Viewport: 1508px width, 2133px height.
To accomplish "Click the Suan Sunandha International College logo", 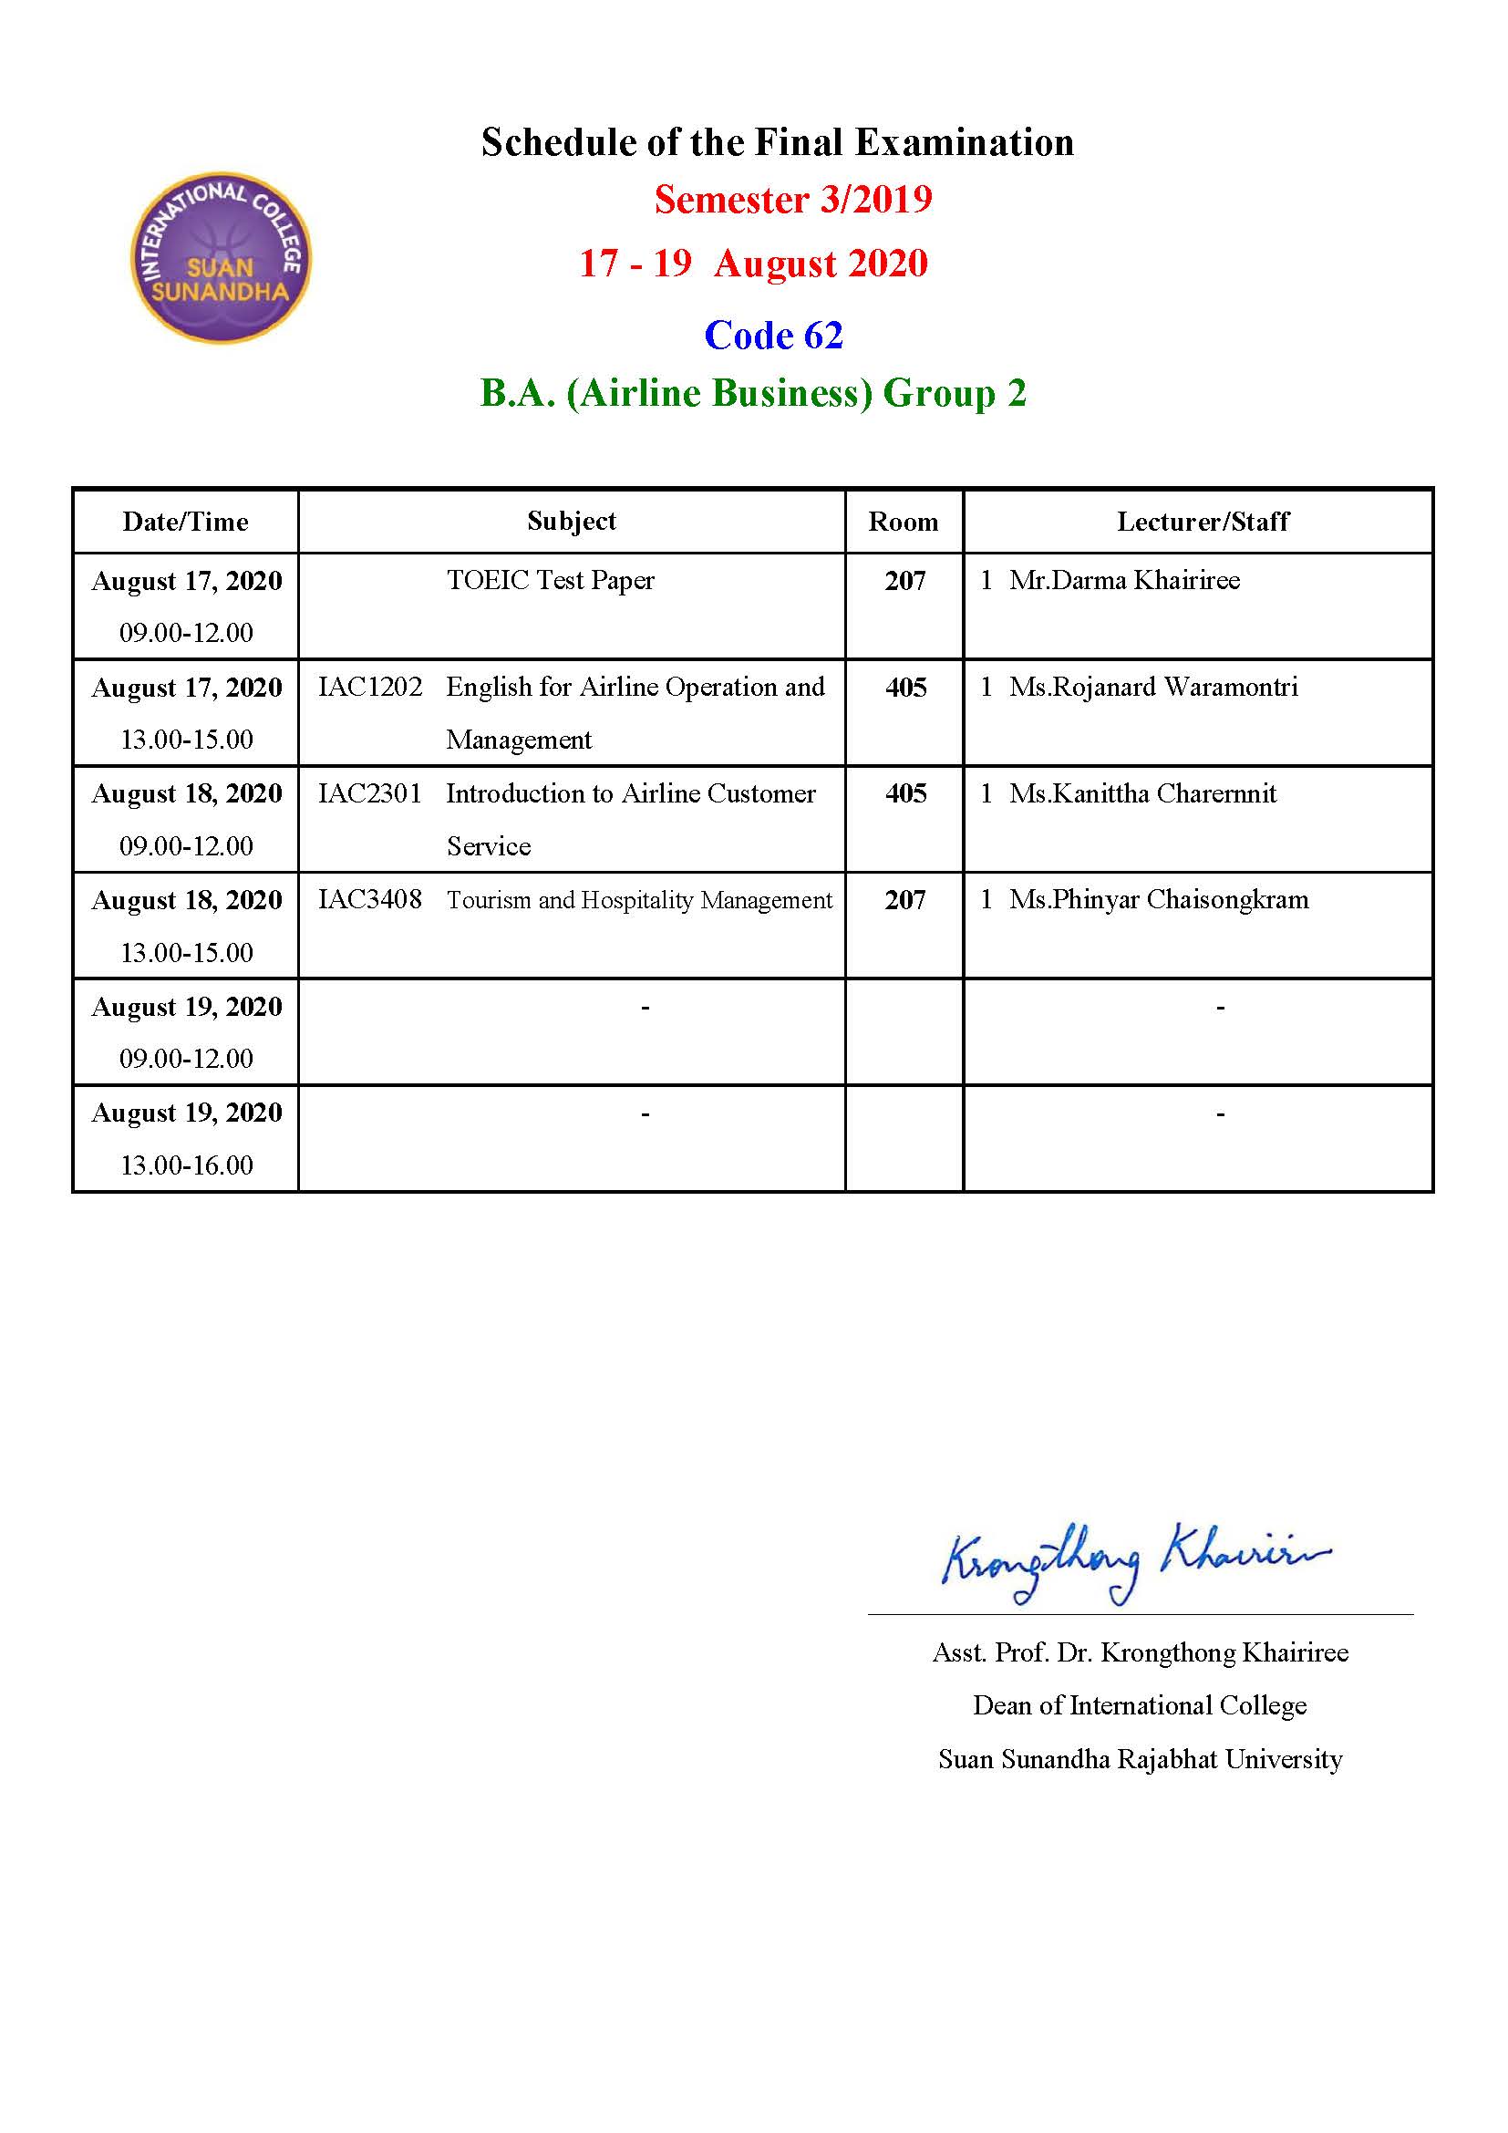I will click(x=221, y=257).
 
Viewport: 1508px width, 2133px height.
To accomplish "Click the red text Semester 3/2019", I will click(x=793, y=200).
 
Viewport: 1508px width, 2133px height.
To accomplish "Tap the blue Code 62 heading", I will click(x=773, y=336).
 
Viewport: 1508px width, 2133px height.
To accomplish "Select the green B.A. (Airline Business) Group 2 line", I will click(x=753, y=393).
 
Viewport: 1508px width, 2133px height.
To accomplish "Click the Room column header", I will click(x=903, y=523).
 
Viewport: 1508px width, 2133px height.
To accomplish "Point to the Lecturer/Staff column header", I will click(x=1203, y=523).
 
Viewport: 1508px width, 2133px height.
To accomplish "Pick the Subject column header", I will click(x=571, y=522).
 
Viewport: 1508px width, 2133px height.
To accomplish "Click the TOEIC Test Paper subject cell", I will click(x=551, y=581).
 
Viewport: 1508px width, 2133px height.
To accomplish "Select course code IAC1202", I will click(x=369, y=688).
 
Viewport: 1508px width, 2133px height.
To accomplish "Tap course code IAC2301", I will click(x=369, y=793).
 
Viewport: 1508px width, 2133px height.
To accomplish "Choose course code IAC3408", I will click(x=369, y=899).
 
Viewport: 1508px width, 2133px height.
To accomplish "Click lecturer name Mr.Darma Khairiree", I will click(x=1123, y=581).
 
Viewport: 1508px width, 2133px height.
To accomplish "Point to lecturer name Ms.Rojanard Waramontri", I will click(x=1153, y=688).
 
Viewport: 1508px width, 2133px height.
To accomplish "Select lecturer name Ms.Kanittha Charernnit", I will click(x=1142, y=793).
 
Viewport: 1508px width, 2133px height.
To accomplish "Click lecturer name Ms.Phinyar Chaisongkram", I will click(x=1159, y=899).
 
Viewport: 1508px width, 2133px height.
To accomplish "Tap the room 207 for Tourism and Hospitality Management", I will click(x=904, y=900).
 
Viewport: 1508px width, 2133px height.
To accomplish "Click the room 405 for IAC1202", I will click(x=905, y=688).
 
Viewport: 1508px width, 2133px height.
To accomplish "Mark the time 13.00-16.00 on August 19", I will click(x=187, y=1165).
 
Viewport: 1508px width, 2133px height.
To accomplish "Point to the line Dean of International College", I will click(x=1140, y=1705).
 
